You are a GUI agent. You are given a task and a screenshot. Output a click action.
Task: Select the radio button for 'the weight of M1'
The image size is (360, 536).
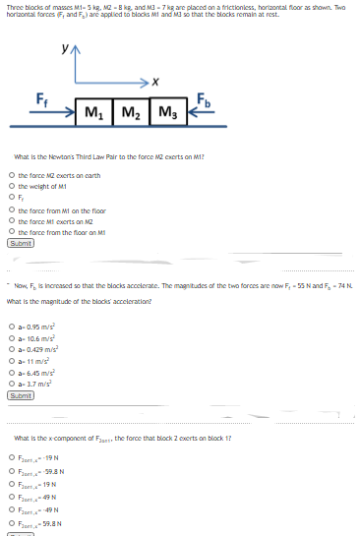(10, 184)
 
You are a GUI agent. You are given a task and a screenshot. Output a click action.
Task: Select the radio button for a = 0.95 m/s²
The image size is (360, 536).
(10, 327)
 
